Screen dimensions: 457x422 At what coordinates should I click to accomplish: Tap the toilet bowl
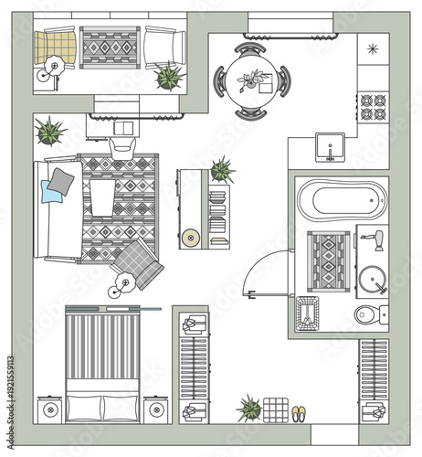[369, 315]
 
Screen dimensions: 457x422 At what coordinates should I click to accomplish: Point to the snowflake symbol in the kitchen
[372, 48]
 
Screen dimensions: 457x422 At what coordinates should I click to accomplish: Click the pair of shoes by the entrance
[299, 413]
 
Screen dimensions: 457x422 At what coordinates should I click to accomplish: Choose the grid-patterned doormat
[275, 409]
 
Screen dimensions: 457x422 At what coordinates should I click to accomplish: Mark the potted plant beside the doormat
[248, 408]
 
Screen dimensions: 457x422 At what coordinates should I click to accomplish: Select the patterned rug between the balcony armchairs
[109, 47]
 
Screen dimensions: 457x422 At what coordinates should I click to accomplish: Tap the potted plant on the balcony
[169, 76]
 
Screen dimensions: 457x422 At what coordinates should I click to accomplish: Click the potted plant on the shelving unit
[222, 169]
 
